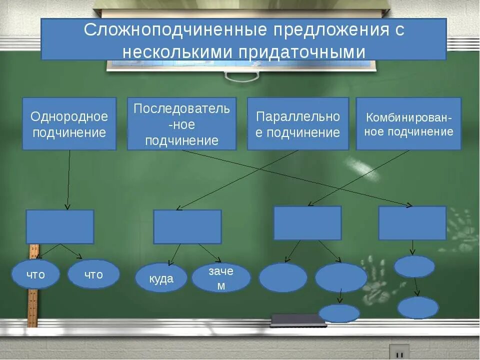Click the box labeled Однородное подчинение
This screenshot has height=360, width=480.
point(69,123)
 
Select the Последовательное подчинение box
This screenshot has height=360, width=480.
point(181,123)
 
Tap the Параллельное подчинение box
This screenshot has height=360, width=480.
point(298,123)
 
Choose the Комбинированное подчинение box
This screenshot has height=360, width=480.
point(408,123)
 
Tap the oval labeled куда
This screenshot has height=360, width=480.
point(161,278)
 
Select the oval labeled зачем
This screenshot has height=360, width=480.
point(221,278)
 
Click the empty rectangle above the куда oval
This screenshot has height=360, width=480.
point(187,226)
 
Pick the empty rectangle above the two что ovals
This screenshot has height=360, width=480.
point(59,226)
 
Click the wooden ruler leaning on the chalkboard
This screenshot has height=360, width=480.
point(33,300)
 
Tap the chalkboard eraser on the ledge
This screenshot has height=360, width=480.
point(297,320)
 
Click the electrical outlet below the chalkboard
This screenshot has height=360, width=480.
point(399,352)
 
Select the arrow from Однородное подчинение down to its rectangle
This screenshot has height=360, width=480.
point(68,180)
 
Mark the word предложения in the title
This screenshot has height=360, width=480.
point(329,30)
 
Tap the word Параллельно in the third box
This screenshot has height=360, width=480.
point(298,117)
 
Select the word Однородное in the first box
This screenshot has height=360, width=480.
point(69,117)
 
